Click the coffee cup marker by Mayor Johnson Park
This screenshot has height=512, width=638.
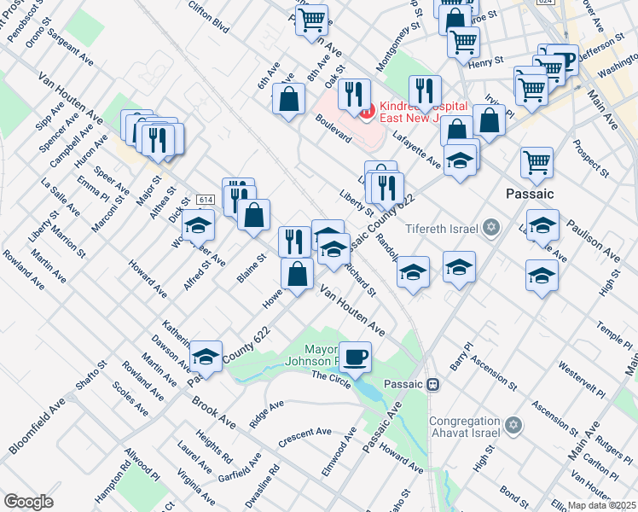[x=355, y=355]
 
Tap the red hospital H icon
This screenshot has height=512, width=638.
[x=366, y=109]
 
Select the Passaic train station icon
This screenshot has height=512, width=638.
[x=433, y=384]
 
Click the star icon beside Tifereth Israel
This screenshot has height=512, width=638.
[x=490, y=227]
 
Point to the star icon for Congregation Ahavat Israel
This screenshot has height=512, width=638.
[x=513, y=424]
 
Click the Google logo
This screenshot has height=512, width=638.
[x=28, y=502]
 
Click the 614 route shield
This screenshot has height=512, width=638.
[x=204, y=199]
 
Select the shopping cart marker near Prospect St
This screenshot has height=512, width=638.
[x=536, y=162]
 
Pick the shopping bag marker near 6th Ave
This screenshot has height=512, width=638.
[x=289, y=98]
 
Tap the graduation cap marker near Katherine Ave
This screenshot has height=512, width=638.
[x=206, y=355]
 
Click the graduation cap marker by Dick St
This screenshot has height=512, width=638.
[x=198, y=224]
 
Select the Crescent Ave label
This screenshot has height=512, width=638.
[x=304, y=437]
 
